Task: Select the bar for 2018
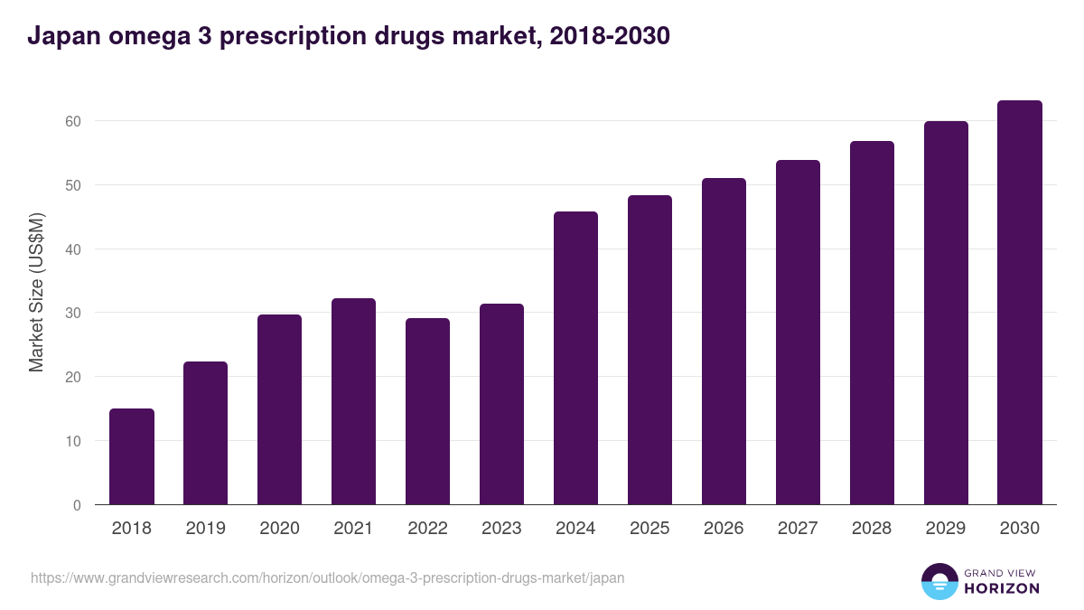pyautogui.click(x=132, y=456)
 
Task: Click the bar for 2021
pyautogui.click(x=354, y=401)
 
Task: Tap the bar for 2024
pyautogui.click(x=575, y=358)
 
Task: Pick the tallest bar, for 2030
pyautogui.click(x=1020, y=303)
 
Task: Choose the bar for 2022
pyautogui.click(x=428, y=411)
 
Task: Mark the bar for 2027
pyautogui.click(x=798, y=333)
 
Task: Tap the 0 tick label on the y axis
pyautogui.click(x=77, y=505)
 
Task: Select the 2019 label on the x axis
pyautogui.click(x=206, y=529)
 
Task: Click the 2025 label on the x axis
pyautogui.click(x=649, y=529)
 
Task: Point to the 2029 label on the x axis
pyautogui.click(x=946, y=529)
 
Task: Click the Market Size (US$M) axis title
pyautogui.click(x=36, y=293)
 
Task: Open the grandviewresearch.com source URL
pyautogui.click(x=327, y=577)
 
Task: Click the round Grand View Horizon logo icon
pyautogui.click(x=939, y=581)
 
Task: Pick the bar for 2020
pyautogui.click(x=280, y=409)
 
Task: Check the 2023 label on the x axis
pyautogui.click(x=501, y=529)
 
